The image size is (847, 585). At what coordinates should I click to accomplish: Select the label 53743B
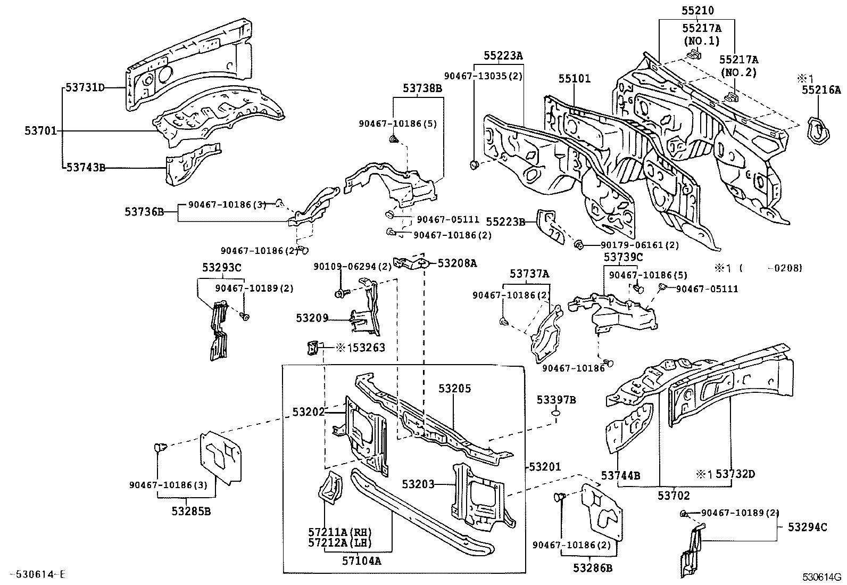[x=85, y=168]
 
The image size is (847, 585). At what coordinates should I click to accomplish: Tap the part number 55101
[x=574, y=79]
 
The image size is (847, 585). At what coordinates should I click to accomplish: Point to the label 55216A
[x=821, y=89]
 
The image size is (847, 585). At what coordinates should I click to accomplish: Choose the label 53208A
[x=457, y=263]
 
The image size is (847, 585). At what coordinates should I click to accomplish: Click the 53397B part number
[x=555, y=400]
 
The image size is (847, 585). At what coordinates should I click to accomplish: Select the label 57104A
[x=361, y=561]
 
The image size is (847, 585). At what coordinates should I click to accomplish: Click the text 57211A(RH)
[x=339, y=532]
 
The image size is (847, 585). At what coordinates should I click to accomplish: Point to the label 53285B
[x=191, y=512]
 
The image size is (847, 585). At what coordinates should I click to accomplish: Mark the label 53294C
[x=807, y=527]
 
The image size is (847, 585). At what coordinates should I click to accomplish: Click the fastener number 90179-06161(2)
[x=640, y=245]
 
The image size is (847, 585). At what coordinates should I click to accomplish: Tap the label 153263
[x=366, y=348]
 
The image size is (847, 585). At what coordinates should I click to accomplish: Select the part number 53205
[x=455, y=389]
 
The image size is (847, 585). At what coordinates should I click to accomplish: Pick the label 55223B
[x=506, y=221]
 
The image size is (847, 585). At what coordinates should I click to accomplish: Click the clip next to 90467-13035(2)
[x=474, y=164]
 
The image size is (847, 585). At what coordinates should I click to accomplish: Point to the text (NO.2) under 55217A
[x=738, y=73]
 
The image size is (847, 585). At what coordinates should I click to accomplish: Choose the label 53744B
[x=620, y=475]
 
